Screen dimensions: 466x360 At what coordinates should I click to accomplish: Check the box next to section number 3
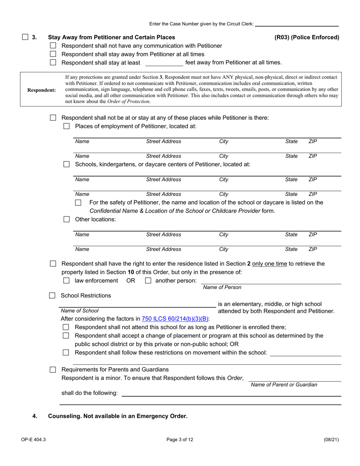tap(25, 37)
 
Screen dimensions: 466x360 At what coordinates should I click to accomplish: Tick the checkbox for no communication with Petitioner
tap(53, 46)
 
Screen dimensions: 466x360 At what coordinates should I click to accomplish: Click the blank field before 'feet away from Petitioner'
tap(164, 63)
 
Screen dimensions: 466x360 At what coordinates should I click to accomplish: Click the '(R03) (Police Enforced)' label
tap(307, 37)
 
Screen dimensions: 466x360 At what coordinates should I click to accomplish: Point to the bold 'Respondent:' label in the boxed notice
tap(41, 90)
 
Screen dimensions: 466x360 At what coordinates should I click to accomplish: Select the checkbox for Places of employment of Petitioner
tap(67, 126)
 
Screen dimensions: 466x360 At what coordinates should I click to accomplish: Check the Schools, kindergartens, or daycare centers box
tap(67, 164)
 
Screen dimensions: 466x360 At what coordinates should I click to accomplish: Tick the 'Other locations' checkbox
tap(67, 219)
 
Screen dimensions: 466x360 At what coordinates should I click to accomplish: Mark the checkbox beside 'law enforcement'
tap(67, 281)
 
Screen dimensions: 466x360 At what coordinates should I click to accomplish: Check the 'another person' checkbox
tap(148, 281)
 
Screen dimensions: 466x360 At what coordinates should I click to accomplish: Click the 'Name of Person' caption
tap(222, 288)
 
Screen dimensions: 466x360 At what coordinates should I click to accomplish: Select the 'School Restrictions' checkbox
tap(53, 296)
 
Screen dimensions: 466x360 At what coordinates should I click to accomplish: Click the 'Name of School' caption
tap(80, 311)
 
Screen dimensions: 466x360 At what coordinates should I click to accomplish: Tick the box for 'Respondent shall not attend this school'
tap(66, 327)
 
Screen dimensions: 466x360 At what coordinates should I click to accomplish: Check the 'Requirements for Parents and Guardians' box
tap(53, 369)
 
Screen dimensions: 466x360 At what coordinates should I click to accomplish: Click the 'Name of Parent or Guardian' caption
tap(284, 385)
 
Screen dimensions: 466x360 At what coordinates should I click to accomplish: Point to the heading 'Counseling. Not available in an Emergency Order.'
tap(117, 416)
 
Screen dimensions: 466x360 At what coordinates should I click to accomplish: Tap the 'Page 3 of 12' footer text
tap(180, 440)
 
